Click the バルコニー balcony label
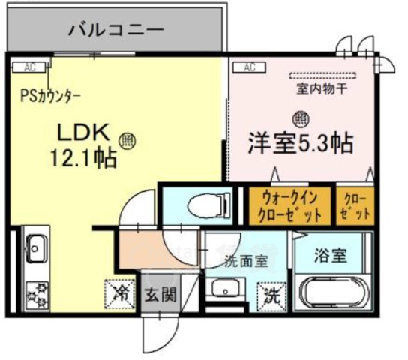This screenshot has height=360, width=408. tap(115, 30)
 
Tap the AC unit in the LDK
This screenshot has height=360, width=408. tap(29, 67)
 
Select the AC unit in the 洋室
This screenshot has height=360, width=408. tap(250, 67)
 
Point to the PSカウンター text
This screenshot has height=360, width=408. tap(51, 96)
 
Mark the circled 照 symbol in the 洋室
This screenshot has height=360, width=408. tap(299, 118)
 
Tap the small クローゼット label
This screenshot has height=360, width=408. tap(355, 206)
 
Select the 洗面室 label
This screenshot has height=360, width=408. tap(244, 261)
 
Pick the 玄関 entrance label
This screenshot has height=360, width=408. tap(160, 293)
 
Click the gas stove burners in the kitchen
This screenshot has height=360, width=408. tap(35, 293)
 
